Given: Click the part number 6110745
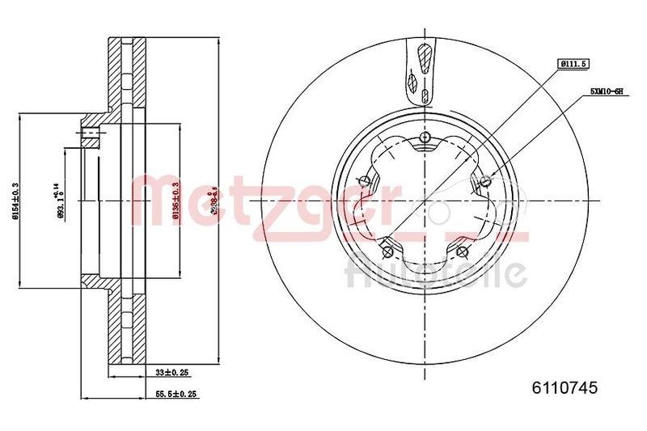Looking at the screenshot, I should (564, 388).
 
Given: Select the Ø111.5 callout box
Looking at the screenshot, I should (573, 62).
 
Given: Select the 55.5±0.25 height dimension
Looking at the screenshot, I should (176, 394).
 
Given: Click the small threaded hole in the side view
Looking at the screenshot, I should (91, 134).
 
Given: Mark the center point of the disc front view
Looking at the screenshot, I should (425, 201).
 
